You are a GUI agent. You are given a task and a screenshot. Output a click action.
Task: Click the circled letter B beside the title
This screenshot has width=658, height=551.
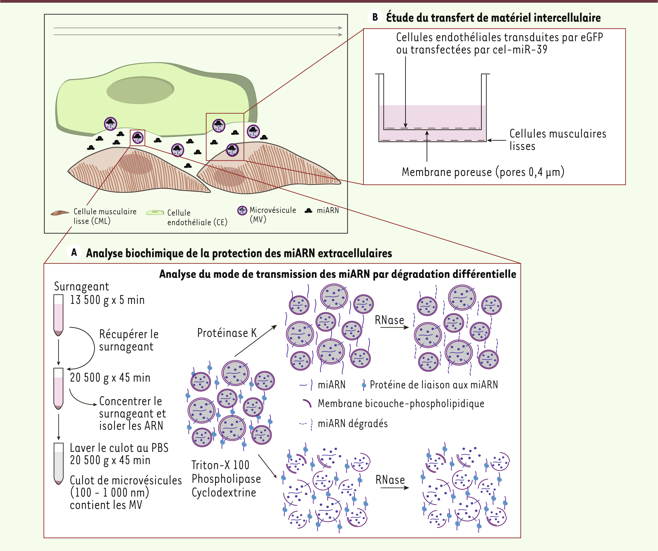pos(375,17)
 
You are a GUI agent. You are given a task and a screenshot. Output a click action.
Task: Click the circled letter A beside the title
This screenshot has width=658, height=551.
pos(74,252)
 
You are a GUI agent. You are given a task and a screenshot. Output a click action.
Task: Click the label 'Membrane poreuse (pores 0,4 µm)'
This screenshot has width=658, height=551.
pos(483,172)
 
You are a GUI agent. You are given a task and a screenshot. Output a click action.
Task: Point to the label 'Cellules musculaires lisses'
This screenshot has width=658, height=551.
pos(558,139)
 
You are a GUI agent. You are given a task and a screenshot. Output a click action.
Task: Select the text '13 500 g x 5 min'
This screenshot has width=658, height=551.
pos(107,300)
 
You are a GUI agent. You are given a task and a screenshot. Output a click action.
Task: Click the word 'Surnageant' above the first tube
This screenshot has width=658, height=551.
pos(81,286)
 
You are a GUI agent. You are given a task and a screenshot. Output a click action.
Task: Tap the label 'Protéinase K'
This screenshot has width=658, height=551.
pos(227,333)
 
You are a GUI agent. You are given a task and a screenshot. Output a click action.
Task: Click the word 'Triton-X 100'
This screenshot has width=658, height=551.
pos(220,465)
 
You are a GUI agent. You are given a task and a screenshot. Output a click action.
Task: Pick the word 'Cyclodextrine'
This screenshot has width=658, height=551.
pos(224,493)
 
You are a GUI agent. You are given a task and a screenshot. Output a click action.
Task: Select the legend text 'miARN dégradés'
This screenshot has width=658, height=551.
pos(353,424)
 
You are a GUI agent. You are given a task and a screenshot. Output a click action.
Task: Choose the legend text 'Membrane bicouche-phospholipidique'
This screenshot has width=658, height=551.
pos(401,403)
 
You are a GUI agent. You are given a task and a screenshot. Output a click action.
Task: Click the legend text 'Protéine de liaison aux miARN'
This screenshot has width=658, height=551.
pos(434,385)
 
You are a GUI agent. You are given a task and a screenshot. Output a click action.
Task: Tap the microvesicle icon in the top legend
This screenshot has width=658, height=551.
pos(242,211)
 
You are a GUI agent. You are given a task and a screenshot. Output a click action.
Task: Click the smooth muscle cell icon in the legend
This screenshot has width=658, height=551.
pos(60,213)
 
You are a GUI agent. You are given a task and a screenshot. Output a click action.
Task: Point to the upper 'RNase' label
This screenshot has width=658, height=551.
pos(389,320)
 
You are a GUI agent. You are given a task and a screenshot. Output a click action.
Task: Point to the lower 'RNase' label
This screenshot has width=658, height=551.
pos(390,480)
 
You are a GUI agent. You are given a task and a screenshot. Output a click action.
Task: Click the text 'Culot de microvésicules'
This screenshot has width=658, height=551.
pos(126,480)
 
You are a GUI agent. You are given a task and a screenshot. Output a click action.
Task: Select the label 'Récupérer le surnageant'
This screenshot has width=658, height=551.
pos(129,340)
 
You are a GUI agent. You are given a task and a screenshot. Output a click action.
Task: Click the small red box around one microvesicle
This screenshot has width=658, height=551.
pos(138,138)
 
